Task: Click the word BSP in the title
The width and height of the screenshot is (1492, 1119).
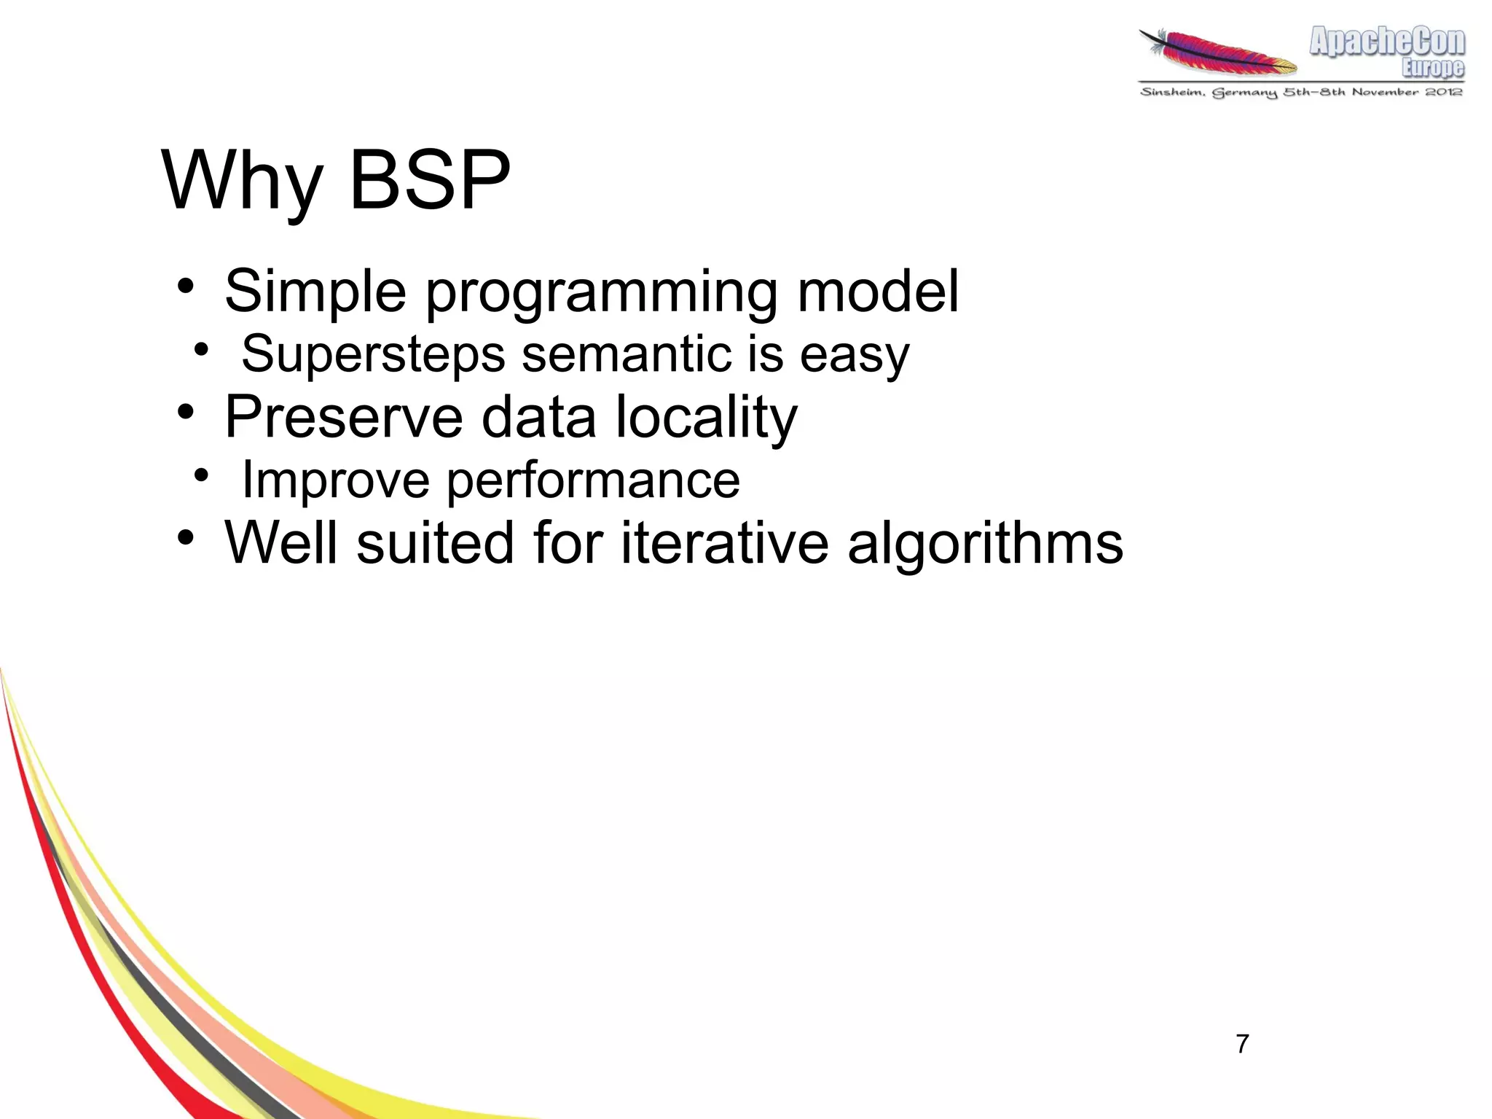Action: [430, 180]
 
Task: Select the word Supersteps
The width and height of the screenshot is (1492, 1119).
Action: [373, 355]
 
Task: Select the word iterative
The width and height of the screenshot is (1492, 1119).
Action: [724, 543]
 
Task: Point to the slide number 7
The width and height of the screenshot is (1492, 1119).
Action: [1242, 1044]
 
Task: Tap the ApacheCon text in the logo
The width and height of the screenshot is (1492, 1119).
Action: [1386, 42]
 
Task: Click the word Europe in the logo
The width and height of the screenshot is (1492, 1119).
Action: [1432, 68]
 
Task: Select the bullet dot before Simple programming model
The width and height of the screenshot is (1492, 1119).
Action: [186, 286]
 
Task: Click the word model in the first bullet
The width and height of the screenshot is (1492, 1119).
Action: [878, 292]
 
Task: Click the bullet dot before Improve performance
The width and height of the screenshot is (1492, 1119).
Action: [201, 475]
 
